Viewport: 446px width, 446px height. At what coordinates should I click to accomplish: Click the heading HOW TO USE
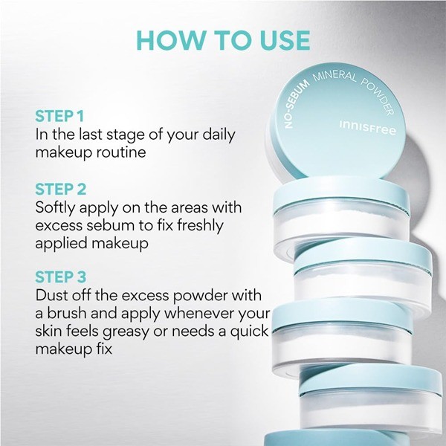(223, 40)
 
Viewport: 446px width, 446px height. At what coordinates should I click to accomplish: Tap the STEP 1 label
(59, 116)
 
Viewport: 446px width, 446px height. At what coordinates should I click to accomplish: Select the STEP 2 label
(61, 189)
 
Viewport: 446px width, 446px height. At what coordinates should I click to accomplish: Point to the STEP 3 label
(61, 277)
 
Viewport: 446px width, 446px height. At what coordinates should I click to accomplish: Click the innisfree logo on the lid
(367, 128)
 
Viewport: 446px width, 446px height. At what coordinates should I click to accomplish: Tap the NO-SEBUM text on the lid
(297, 104)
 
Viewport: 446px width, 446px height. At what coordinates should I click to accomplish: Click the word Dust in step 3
(51, 296)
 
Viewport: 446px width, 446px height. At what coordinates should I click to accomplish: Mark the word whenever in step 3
(198, 313)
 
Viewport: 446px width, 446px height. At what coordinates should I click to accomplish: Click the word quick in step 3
(250, 332)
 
